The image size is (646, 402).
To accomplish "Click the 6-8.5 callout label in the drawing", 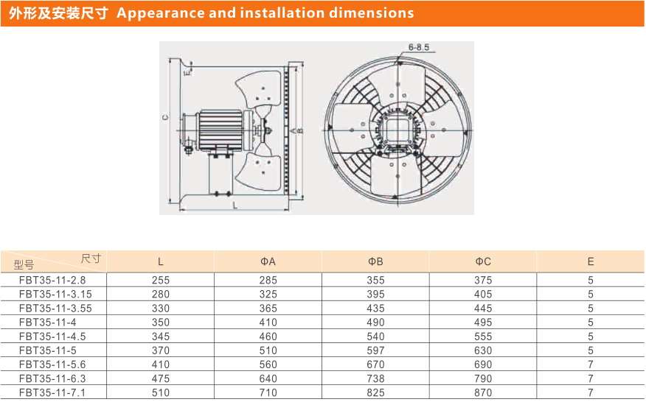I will pyautogui.click(x=418, y=48).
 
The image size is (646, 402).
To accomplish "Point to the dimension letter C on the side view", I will pyautogui.click(x=167, y=117).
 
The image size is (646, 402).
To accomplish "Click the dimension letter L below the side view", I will pyautogui.click(x=235, y=206).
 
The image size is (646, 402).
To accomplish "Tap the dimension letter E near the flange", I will pyautogui.click(x=187, y=72).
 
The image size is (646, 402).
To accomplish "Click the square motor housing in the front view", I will pyautogui.click(x=395, y=127).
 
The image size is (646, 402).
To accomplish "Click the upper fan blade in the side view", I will pyautogui.click(x=260, y=87).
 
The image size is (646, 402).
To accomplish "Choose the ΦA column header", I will pyautogui.click(x=268, y=261).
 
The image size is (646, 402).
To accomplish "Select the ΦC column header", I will pyautogui.click(x=483, y=261).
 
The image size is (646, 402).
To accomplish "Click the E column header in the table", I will pyautogui.click(x=591, y=261).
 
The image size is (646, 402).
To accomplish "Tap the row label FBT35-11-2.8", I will pyautogui.click(x=52, y=280).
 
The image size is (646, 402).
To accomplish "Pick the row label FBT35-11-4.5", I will pyautogui.click(x=52, y=336).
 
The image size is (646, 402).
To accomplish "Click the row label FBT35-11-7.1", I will pyautogui.click(x=52, y=392).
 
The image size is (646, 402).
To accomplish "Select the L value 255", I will pyautogui.click(x=161, y=280).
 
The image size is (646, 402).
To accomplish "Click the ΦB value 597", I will pyautogui.click(x=376, y=350).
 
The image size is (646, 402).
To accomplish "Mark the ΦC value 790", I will pyautogui.click(x=483, y=378).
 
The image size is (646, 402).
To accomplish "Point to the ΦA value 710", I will pyautogui.click(x=268, y=392).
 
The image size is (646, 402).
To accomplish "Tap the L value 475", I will pyautogui.click(x=161, y=378).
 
